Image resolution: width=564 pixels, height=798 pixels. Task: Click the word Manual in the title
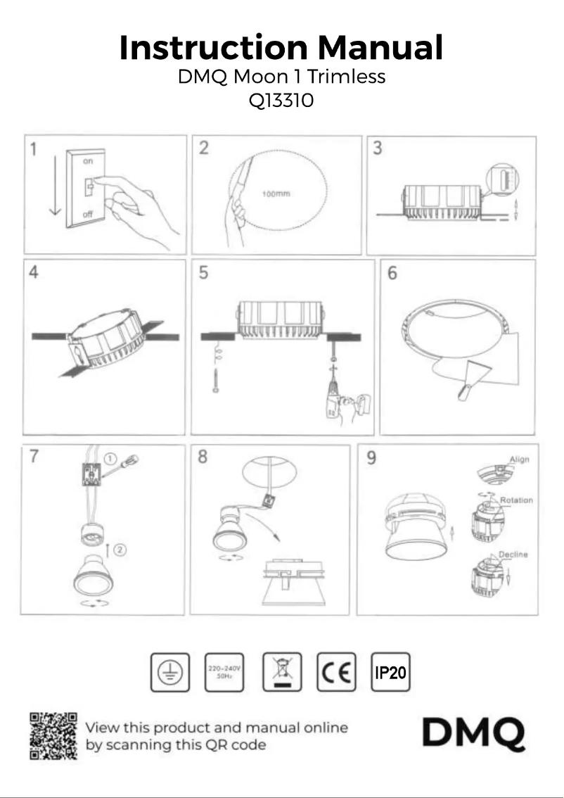coord(380,48)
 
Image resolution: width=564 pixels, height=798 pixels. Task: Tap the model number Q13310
coord(281,101)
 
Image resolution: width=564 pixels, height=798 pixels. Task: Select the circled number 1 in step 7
coord(111,458)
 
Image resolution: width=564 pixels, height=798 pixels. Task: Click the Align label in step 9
coord(519,460)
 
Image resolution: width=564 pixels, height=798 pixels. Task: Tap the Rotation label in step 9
coord(516,500)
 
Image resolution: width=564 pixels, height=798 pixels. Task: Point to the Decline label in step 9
coord(513,555)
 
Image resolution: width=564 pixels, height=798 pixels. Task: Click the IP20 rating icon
coord(390,672)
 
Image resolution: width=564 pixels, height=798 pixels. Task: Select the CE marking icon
coord(336,672)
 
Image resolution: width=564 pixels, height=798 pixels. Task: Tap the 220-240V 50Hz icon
coord(223,672)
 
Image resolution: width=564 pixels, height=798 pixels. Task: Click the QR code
coord(53,736)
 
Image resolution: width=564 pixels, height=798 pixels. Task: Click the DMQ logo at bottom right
coord(473,734)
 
